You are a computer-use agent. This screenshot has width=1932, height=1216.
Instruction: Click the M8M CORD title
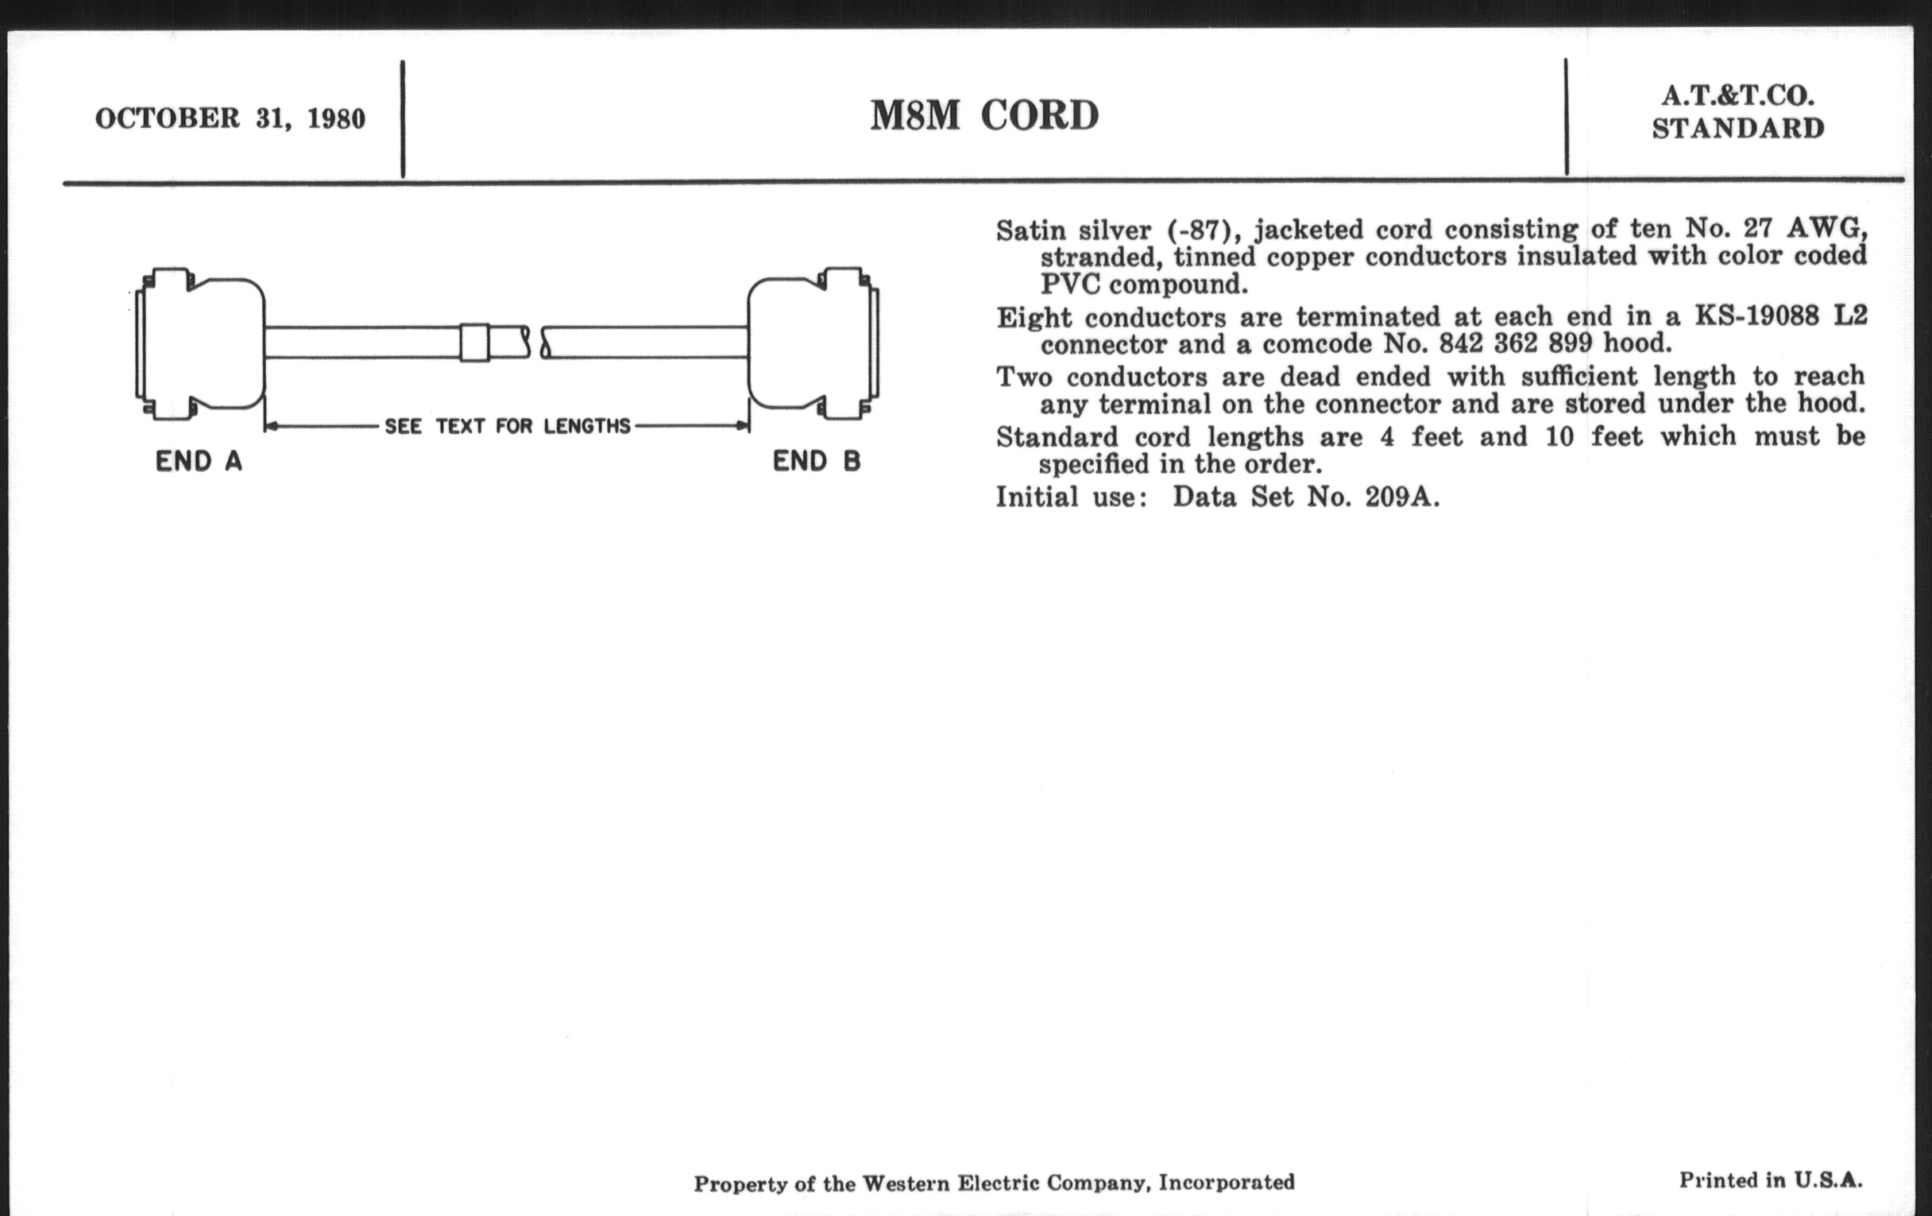[983, 116]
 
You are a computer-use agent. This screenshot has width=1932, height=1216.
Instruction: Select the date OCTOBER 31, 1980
[230, 118]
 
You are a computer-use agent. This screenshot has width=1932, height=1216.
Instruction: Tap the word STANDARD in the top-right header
[1738, 129]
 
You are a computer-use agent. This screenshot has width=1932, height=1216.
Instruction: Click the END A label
[198, 462]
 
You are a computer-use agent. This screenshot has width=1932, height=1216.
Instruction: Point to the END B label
[816, 462]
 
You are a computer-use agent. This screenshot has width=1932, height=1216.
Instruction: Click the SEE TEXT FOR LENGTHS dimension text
[507, 426]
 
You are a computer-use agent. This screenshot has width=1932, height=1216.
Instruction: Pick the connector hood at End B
[812, 343]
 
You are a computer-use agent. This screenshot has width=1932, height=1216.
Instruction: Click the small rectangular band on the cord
[474, 343]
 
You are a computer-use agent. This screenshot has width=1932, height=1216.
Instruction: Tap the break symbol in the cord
[536, 343]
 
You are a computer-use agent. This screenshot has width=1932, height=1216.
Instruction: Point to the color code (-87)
[1199, 231]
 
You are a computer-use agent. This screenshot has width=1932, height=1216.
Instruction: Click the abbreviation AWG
[1826, 229]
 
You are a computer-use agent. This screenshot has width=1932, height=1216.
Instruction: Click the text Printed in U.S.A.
[1770, 1180]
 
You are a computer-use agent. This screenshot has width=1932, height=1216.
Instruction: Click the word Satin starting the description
[1030, 231]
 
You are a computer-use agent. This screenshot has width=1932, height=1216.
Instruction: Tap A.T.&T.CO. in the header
[1737, 96]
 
